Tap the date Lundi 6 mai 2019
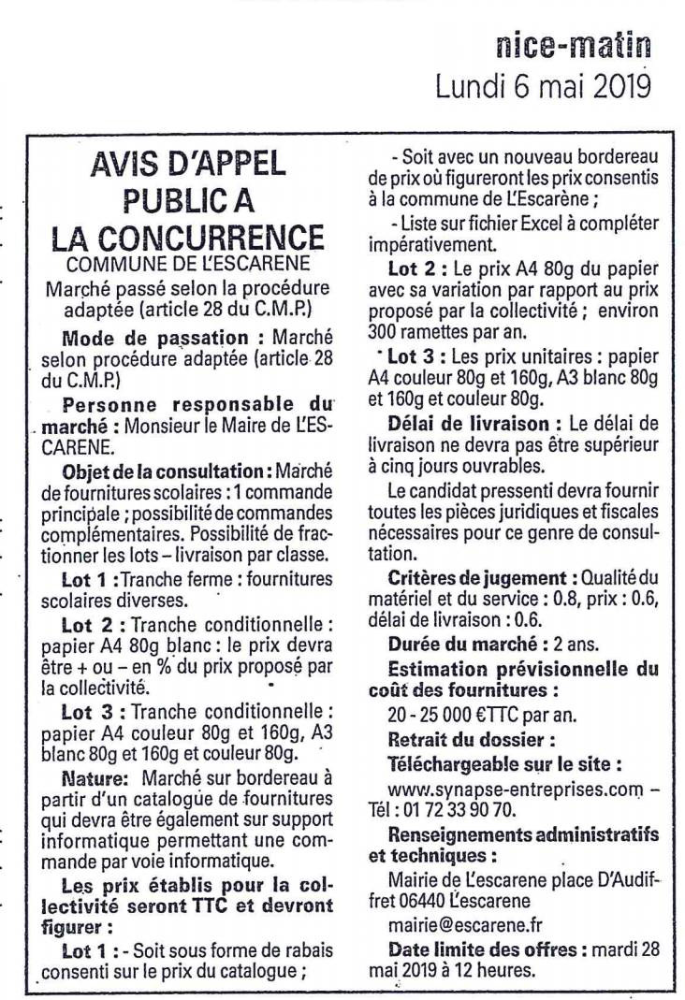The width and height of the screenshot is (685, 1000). (x=543, y=86)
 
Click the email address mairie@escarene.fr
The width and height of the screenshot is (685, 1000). (x=465, y=925)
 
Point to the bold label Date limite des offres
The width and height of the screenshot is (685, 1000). (x=480, y=949)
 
